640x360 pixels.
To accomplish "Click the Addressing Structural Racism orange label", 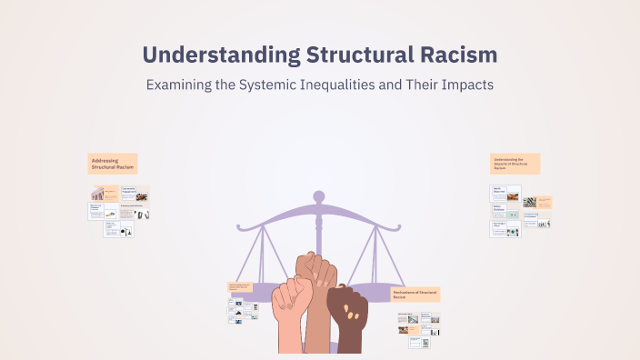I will [x=113, y=164].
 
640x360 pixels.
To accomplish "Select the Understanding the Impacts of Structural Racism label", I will [x=515, y=164].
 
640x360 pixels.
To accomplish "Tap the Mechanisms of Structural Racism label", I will [x=415, y=295].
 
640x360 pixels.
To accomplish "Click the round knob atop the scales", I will [x=318, y=195].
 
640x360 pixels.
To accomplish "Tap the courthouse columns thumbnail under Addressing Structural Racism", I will [x=97, y=194].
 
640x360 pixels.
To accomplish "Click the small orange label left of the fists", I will [x=238, y=287].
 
